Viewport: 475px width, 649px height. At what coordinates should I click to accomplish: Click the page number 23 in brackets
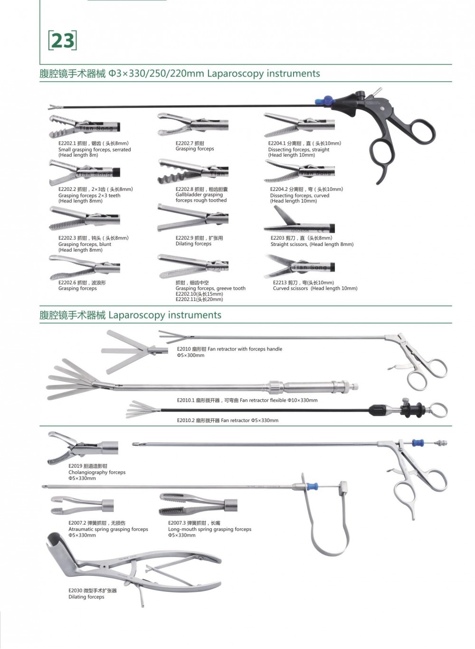tap(62, 41)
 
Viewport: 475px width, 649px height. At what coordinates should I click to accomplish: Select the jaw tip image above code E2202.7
tap(192, 125)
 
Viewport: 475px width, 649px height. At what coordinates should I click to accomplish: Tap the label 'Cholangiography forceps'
tap(97, 472)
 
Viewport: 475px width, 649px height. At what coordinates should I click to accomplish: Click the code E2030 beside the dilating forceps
tap(75, 591)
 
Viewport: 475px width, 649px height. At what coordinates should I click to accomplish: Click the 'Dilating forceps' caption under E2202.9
tap(193, 244)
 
